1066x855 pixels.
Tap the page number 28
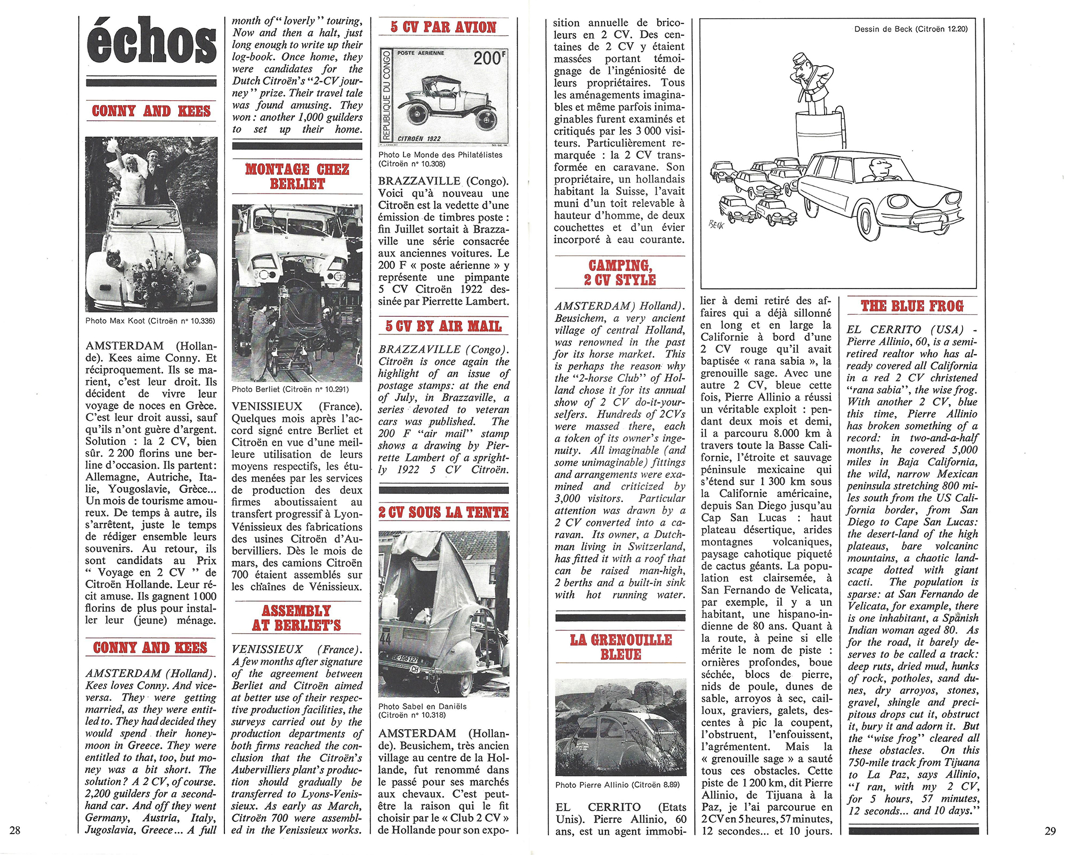tap(15, 830)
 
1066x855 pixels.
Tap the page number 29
tap(1050, 830)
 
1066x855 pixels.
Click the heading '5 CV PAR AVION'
tap(443, 27)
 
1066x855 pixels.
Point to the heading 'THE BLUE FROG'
tap(912, 306)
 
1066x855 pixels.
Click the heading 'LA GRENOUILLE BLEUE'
tap(620, 647)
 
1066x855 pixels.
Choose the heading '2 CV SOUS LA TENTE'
tap(443, 513)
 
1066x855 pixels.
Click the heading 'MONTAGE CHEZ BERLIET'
tap(297, 177)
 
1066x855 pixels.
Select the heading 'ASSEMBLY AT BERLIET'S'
tap(297, 618)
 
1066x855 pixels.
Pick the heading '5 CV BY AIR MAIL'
tap(443, 326)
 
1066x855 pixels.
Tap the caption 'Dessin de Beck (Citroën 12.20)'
tap(911, 29)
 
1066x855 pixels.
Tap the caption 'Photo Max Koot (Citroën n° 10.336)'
tap(150, 321)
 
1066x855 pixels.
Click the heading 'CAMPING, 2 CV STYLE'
tap(620, 273)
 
